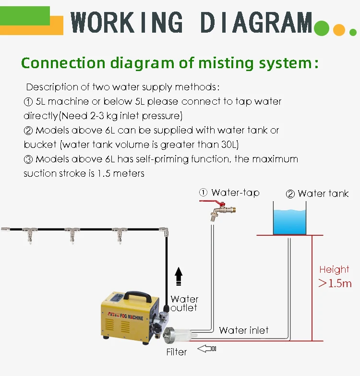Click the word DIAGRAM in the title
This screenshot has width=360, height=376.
point(256,23)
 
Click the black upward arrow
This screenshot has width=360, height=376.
point(179,277)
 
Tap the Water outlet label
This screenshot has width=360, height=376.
point(184,303)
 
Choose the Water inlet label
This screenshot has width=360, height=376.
point(244,330)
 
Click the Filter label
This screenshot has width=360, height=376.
point(176,352)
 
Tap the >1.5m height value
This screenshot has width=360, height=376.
point(335,283)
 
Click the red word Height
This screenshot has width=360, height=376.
point(334,269)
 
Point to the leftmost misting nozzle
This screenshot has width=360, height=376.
point(29,236)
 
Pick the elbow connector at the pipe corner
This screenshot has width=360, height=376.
point(164,231)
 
